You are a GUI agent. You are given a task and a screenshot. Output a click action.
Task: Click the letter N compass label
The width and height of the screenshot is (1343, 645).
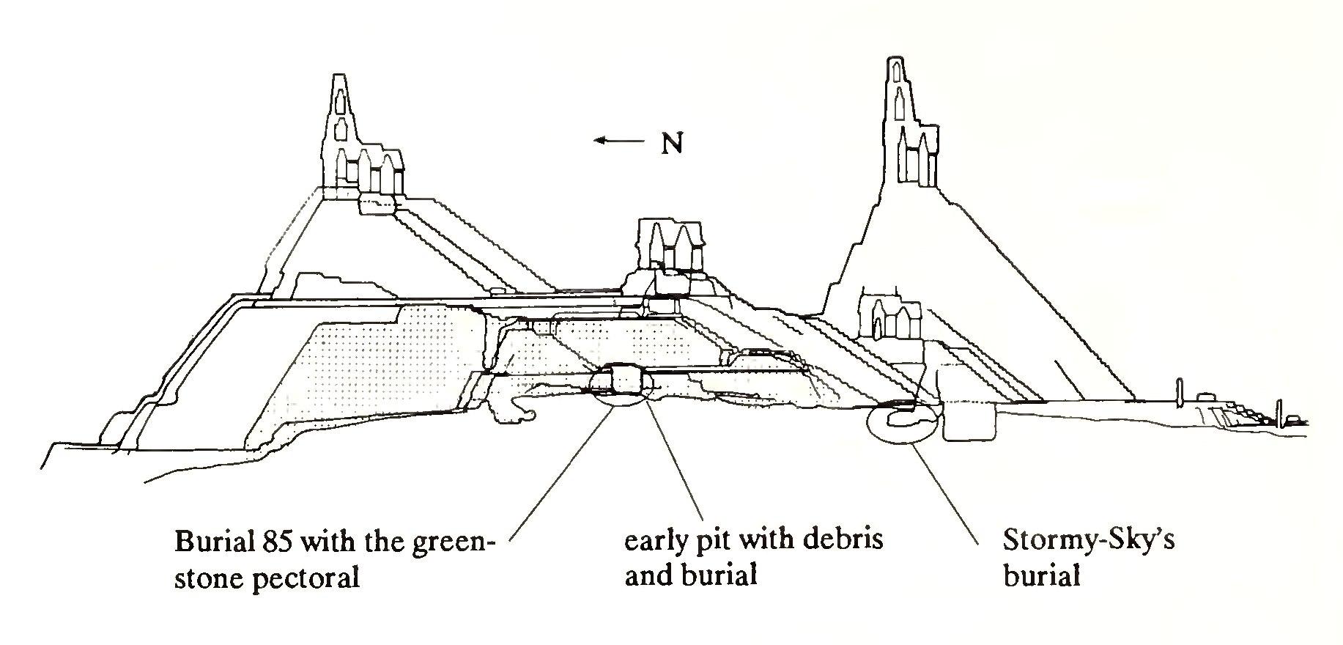pyautogui.click(x=672, y=144)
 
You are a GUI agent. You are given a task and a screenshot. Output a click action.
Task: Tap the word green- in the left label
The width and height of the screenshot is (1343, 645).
pyautogui.click(x=455, y=542)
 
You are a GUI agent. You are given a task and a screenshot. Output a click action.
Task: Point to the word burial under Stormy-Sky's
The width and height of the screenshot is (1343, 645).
pyautogui.click(x=1041, y=576)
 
